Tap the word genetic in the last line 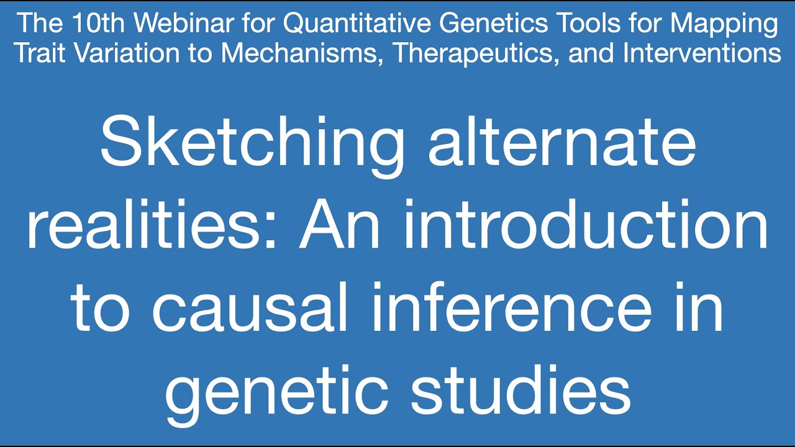[276, 391]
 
